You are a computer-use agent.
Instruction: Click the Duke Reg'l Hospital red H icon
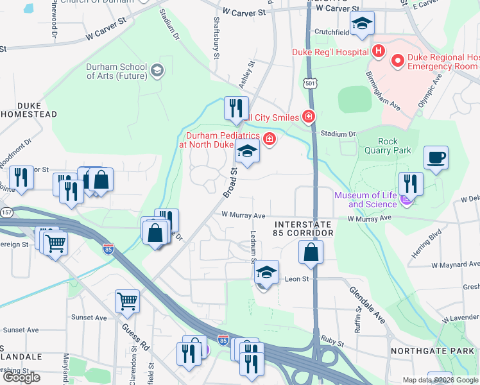pos(379,51)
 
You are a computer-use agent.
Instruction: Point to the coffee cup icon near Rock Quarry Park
pos(436,158)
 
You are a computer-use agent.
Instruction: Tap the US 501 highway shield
pos(311,83)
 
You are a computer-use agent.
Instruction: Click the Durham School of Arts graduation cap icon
pos(157,71)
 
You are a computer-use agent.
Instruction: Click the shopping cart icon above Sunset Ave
pos(127,300)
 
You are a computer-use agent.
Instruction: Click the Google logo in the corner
pos(21,377)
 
